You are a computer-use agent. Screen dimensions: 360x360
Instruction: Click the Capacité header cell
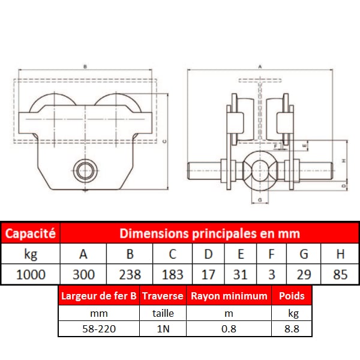31,233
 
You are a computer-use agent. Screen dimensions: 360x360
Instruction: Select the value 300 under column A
83,274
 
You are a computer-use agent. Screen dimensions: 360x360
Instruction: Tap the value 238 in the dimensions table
130,274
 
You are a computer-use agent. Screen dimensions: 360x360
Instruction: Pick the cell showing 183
172,274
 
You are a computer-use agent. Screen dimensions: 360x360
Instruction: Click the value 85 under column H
340,274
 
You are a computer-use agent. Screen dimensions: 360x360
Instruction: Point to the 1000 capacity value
31,274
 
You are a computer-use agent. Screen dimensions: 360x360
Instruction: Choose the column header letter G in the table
304,254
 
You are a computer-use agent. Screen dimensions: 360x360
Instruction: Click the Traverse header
163,296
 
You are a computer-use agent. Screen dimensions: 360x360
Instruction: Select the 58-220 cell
99,329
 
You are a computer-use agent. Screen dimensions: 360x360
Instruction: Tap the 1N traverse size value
163,329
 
